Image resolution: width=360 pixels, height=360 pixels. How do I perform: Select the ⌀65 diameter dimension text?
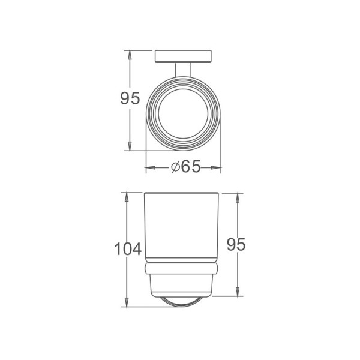pos(184,167)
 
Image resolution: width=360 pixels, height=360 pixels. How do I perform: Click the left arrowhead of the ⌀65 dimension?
pos(149,168)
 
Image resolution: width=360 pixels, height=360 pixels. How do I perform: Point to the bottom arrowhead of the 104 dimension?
pos(127,304)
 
